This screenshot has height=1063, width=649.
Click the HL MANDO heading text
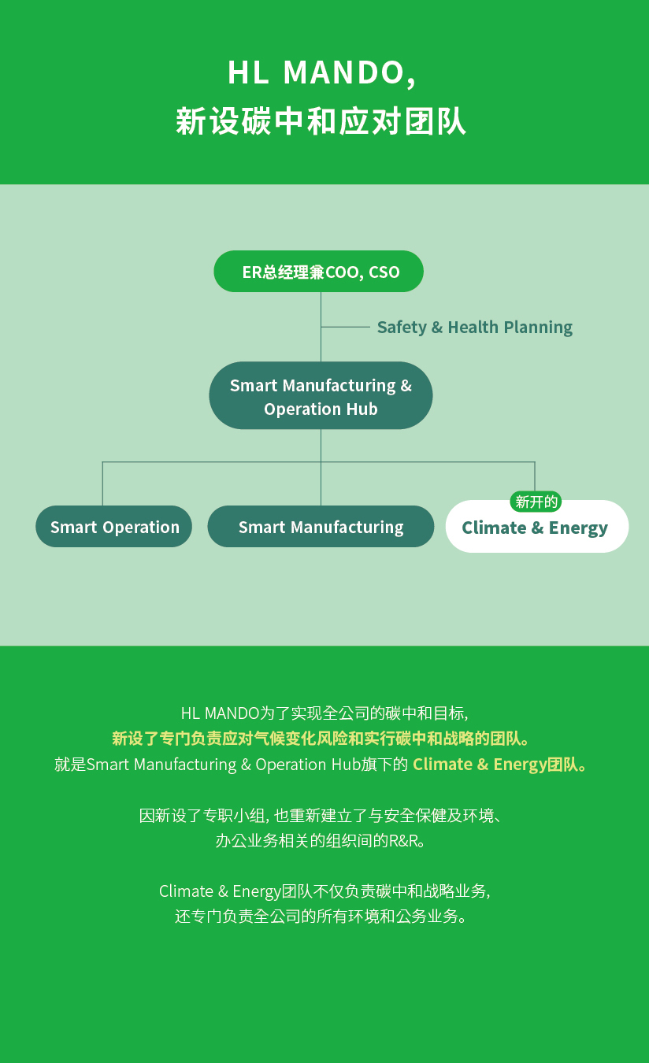(x=322, y=73)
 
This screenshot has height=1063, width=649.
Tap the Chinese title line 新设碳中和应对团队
(x=321, y=121)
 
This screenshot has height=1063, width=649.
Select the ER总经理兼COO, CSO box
(x=318, y=272)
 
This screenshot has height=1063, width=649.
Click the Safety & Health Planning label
(x=475, y=328)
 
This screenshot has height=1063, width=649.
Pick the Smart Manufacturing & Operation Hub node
(x=321, y=395)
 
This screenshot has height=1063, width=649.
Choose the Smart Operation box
(x=114, y=526)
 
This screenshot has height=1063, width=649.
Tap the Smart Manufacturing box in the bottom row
(x=321, y=526)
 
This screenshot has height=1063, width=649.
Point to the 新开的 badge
(x=536, y=502)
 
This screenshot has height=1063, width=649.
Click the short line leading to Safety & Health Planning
(x=346, y=327)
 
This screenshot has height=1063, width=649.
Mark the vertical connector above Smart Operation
(x=102, y=483)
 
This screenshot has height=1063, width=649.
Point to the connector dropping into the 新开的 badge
(x=535, y=476)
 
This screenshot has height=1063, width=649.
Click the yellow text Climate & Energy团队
(x=500, y=765)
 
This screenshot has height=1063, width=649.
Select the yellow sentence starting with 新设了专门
(x=321, y=739)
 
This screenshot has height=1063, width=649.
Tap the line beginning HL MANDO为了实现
(x=324, y=713)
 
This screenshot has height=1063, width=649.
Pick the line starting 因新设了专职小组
(x=321, y=815)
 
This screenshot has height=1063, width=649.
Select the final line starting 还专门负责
(x=321, y=916)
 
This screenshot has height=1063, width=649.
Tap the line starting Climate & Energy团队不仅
(x=324, y=891)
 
